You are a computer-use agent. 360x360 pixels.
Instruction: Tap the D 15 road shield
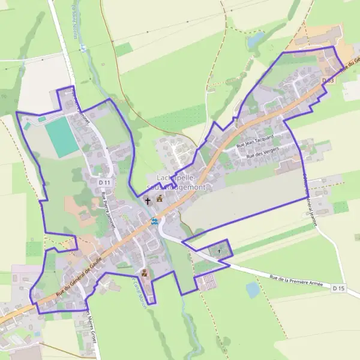coord(339,289)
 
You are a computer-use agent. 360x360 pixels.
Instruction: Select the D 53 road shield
coord(327,80)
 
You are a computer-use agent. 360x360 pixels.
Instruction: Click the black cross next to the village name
coord(148,200)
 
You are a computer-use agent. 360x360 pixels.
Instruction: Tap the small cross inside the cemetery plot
coord(219,250)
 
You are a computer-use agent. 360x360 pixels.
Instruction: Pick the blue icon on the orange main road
coord(154,221)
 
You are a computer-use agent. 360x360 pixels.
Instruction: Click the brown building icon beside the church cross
coord(160,199)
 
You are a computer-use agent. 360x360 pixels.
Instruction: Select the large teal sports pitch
coord(62,137)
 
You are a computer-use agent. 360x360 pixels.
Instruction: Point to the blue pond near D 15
coord(253,290)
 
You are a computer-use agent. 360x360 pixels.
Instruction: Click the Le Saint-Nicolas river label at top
coord(75,24)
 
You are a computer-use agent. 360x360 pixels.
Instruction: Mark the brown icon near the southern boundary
coord(143,274)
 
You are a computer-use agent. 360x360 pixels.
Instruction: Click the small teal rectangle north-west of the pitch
coord(41,119)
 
